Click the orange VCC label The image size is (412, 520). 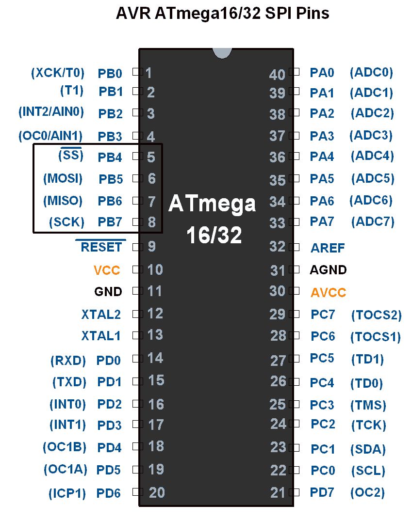click(107, 270)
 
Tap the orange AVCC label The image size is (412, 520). click(329, 293)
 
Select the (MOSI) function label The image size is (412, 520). click(63, 178)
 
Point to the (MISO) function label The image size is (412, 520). click(63, 200)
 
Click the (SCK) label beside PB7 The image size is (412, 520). click(67, 222)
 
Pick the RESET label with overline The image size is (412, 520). click(101, 247)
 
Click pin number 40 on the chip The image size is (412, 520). click(278, 75)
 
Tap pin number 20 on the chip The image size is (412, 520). click(157, 493)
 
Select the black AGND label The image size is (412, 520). click(329, 270)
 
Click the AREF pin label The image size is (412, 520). click(328, 248)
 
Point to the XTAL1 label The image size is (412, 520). click(101, 335)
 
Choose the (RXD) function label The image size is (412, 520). click(68, 361)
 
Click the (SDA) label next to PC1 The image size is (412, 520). click(368, 449)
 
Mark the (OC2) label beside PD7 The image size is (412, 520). click(367, 493)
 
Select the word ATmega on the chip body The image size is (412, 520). click(212, 204)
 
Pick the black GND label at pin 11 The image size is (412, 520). click(108, 292)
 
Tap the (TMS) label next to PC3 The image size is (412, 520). click(368, 405)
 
